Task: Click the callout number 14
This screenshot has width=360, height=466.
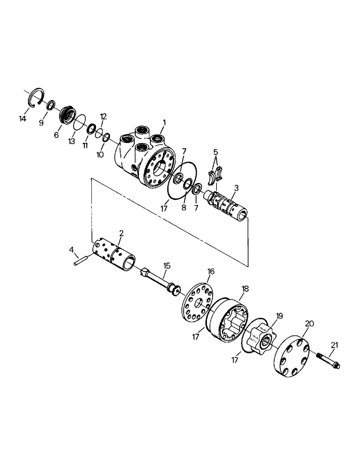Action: point(22,119)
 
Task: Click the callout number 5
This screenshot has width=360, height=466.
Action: point(215,151)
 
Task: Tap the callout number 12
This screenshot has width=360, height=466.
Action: point(103,116)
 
